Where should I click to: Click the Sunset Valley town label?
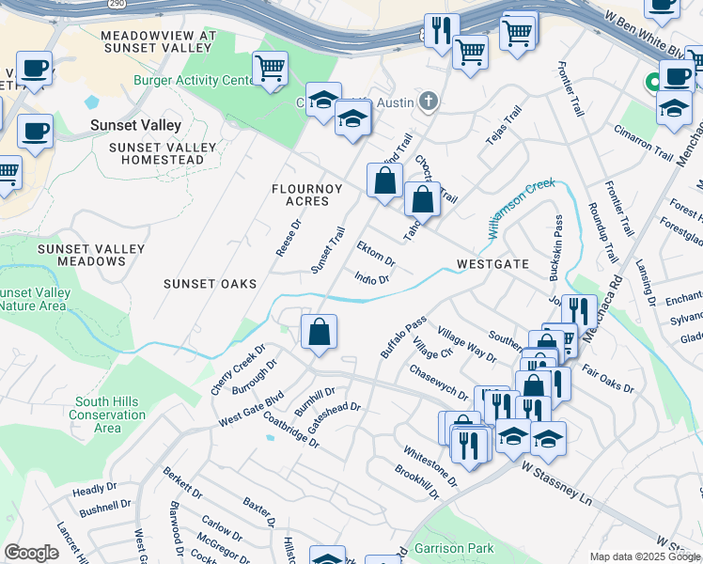point(135,125)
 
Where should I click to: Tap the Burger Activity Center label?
point(194,81)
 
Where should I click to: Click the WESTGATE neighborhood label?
point(492,264)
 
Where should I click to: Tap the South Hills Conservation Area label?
point(107,415)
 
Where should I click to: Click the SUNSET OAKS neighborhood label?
point(210,283)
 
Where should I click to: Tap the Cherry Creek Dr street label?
point(232,376)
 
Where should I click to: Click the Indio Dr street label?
point(372,278)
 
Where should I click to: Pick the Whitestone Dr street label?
point(430,467)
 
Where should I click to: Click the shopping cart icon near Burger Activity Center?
point(270,69)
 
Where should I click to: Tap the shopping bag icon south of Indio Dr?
point(319,332)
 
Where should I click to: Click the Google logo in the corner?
point(31,553)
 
